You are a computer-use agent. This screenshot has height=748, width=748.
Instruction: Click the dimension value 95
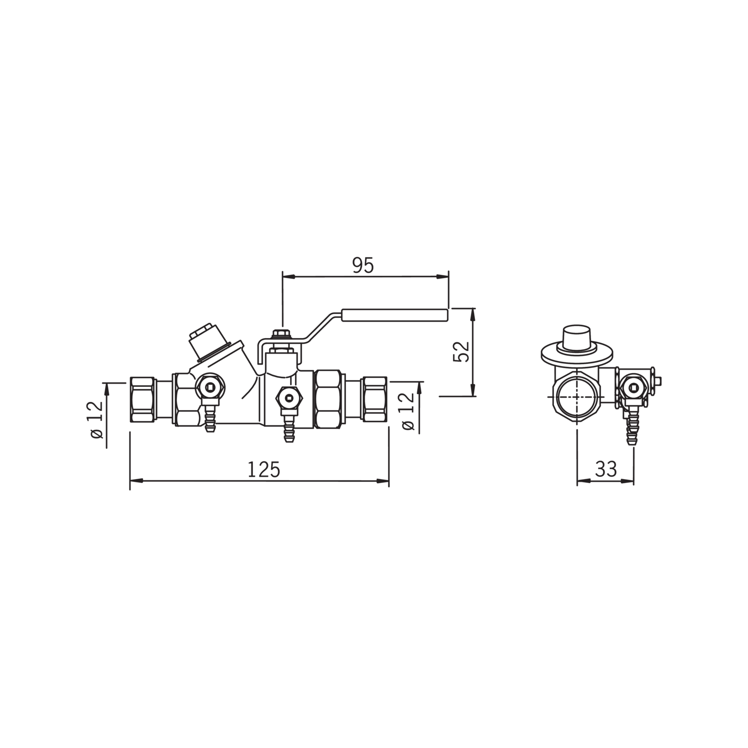[363, 266]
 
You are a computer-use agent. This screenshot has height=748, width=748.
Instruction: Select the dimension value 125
[264, 470]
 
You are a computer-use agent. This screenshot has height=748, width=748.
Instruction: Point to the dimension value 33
[606, 468]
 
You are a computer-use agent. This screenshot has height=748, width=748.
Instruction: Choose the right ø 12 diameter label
[408, 412]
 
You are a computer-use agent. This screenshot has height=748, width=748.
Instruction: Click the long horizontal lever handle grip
[395, 315]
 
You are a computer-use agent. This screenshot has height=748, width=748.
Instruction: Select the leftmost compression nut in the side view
[143, 399]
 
